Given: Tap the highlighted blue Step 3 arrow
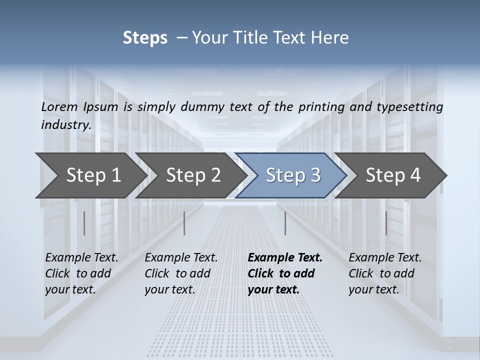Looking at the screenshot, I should pos(293,175).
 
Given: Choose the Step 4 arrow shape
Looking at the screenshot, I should pos(393,175).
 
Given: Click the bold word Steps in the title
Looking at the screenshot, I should pos(145,37).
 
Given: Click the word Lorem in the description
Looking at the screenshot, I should pos(59,106).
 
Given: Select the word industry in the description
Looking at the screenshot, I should pos(65,124).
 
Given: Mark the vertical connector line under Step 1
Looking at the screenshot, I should pos(84,223).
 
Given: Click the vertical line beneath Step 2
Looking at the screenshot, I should pos(184,223).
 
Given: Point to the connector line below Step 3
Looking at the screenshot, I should pos(285,223).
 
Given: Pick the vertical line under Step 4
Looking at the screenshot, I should pos(386,223).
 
